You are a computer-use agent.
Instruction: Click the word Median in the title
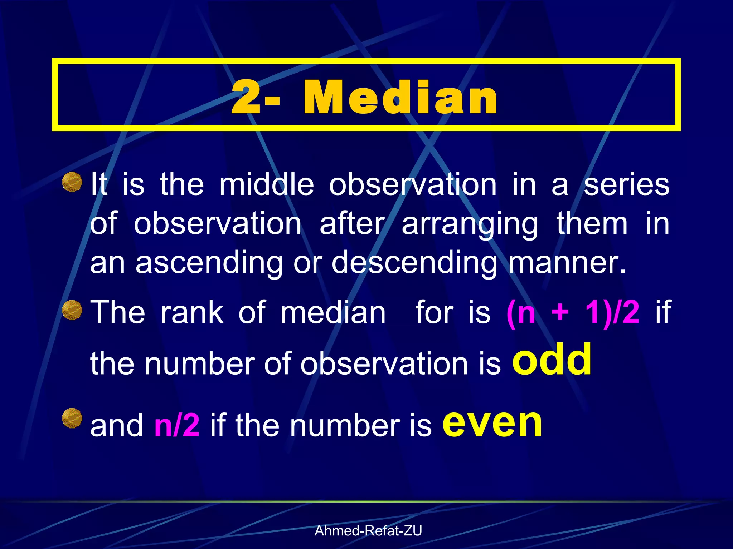coord(400,97)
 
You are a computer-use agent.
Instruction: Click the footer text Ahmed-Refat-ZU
coord(368,531)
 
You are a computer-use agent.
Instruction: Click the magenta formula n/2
coord(177,425)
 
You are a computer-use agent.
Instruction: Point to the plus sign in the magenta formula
coord(560,312)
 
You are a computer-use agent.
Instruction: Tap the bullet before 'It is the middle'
coord(72,182)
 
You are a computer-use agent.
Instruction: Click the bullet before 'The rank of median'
coord(72,310)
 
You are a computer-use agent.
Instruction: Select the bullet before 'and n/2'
coord(72,418)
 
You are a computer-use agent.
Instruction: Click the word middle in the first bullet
coord(267,184)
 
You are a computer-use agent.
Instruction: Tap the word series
coord(626,185)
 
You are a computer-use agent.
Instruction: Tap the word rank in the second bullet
coord(192,312)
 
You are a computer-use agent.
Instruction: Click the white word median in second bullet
coord(333,312)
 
